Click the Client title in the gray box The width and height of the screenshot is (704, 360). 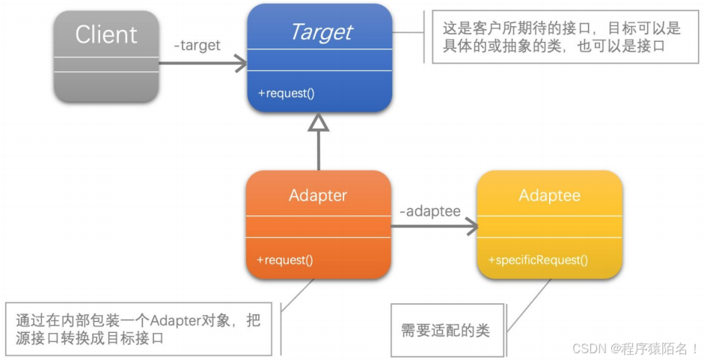[106, 34]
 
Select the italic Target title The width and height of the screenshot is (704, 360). [320, 32]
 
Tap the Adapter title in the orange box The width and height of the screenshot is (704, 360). [318, 195]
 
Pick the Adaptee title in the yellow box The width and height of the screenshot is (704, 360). [549, 195]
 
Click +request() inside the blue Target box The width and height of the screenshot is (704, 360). [287, 94]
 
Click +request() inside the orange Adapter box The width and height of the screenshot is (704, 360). [285, 260]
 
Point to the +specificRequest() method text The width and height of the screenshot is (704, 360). [538, 260]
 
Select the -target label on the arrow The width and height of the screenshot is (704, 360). [197, 45]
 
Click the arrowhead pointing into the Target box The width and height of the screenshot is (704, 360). [242, 64]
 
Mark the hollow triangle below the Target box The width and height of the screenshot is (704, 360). [319, 123]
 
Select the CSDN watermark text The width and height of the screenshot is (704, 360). [635, 348]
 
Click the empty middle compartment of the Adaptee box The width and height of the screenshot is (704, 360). [549, 227]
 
